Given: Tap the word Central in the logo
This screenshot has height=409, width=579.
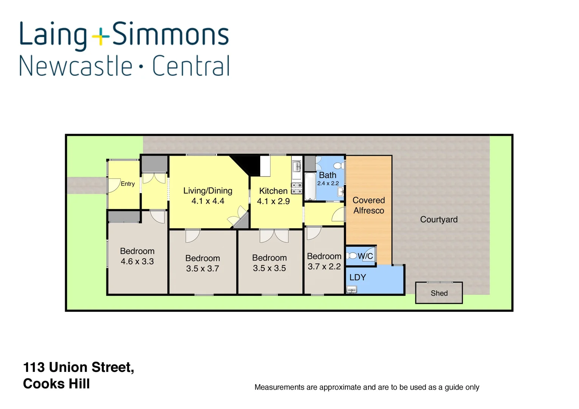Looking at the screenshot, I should (191, 66).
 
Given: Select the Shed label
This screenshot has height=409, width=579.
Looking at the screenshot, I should (439, 293).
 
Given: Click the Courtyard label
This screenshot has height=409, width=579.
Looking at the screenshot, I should (439, 220).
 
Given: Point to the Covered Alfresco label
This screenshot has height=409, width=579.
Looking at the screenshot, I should (368, 205).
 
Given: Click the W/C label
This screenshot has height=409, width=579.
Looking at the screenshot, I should (365, 256).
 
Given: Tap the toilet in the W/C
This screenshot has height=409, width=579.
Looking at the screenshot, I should (352, 256).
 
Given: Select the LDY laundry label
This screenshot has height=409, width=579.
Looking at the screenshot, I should (357, 278).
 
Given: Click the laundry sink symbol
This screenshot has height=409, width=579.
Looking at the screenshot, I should (352, 290).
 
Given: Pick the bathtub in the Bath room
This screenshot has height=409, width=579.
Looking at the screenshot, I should (310, 187).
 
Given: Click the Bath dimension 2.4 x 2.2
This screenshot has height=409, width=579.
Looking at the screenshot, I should (328, 183).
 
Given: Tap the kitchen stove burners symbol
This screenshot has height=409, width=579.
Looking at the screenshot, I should (297, 188).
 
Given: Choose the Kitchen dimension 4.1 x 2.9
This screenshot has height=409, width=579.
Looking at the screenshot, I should (273, 201).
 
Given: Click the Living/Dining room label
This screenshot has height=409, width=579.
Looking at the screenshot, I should (208, 191).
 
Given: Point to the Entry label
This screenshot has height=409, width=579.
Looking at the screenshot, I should (128, 184).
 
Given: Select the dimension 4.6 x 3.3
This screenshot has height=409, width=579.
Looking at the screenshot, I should (137, 261).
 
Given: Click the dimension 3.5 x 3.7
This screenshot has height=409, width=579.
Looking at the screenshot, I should (202, 269).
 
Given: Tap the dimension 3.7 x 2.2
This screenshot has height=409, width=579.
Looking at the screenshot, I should (324, 267).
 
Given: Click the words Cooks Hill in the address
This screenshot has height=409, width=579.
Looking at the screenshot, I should (56, 384).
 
